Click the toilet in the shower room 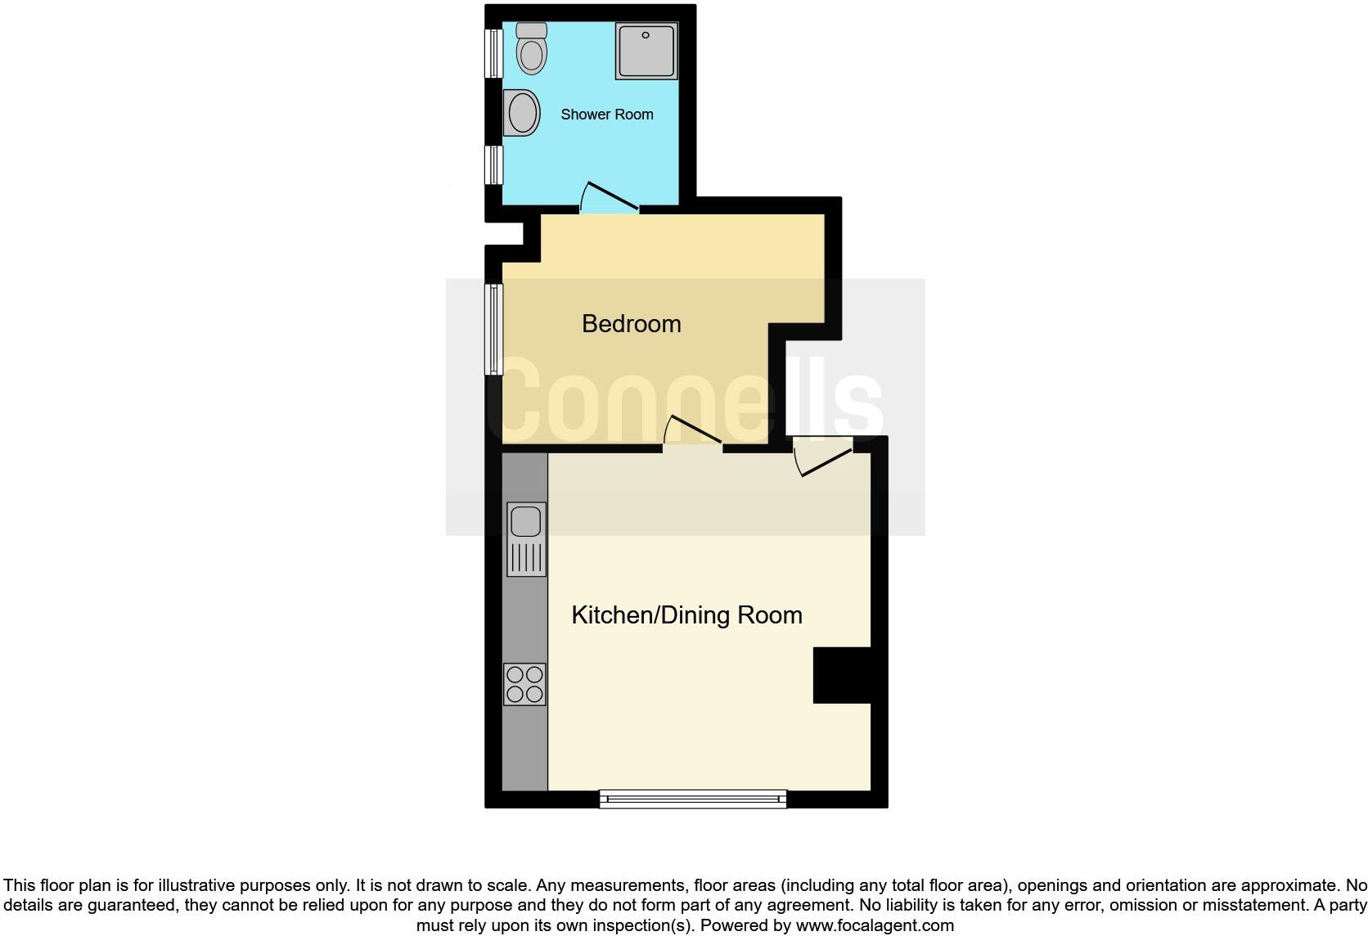click(532, 54)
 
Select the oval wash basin click(522, 113)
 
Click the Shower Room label click(607, 115)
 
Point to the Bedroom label click(631, 324)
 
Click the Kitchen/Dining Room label click(686, 615)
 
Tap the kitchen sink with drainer click(526, 539)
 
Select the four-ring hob click(524, 685)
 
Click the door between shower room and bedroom click(610, 199)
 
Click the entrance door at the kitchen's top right click(824, 457)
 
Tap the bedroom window click(493, 329)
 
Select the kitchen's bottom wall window click(693, 799)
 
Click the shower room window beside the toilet click(493, 53)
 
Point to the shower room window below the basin click(493, 165)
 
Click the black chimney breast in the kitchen click(841, 675)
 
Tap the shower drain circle click(646, 35)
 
